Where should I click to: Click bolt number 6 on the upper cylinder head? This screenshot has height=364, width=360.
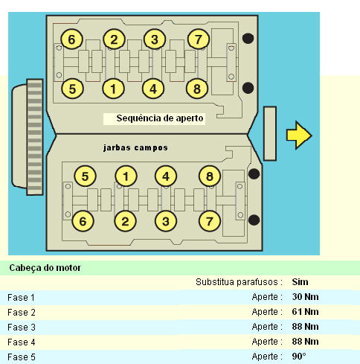pos(71,39)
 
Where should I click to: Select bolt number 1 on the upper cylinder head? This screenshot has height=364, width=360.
pos(113,89)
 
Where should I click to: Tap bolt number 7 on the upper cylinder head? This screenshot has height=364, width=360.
pos(198,39)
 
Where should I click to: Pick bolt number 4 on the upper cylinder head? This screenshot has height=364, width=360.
pos(153,89)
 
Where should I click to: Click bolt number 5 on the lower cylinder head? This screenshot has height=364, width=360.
pos(85,176)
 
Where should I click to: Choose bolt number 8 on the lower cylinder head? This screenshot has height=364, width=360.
pos(210,176)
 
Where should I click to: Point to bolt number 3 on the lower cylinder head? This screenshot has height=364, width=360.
pos(166,221)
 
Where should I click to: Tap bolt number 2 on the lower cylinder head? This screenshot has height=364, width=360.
pos(125,221)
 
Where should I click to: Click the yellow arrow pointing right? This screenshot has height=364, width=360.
pos(299,135)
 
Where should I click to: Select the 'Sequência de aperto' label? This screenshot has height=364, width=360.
pos(160,118)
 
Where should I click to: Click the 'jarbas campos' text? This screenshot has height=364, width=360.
pos(135,148)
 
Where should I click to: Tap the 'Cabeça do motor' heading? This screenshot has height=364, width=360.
pos(45,268)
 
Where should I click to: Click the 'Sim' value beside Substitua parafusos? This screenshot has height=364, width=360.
pos(300,282)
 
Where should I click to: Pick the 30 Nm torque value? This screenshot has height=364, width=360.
pos(305,297)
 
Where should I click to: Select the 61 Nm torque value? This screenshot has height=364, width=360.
pos(305,312)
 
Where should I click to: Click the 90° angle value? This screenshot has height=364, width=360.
pos(299,357)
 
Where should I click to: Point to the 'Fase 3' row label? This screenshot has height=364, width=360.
pos(22,327)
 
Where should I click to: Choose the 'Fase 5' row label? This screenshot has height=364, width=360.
pos(22,357)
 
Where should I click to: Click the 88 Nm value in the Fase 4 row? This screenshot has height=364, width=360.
pos(305,342)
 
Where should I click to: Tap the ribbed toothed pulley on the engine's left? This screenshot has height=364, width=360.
pos(34,137)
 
